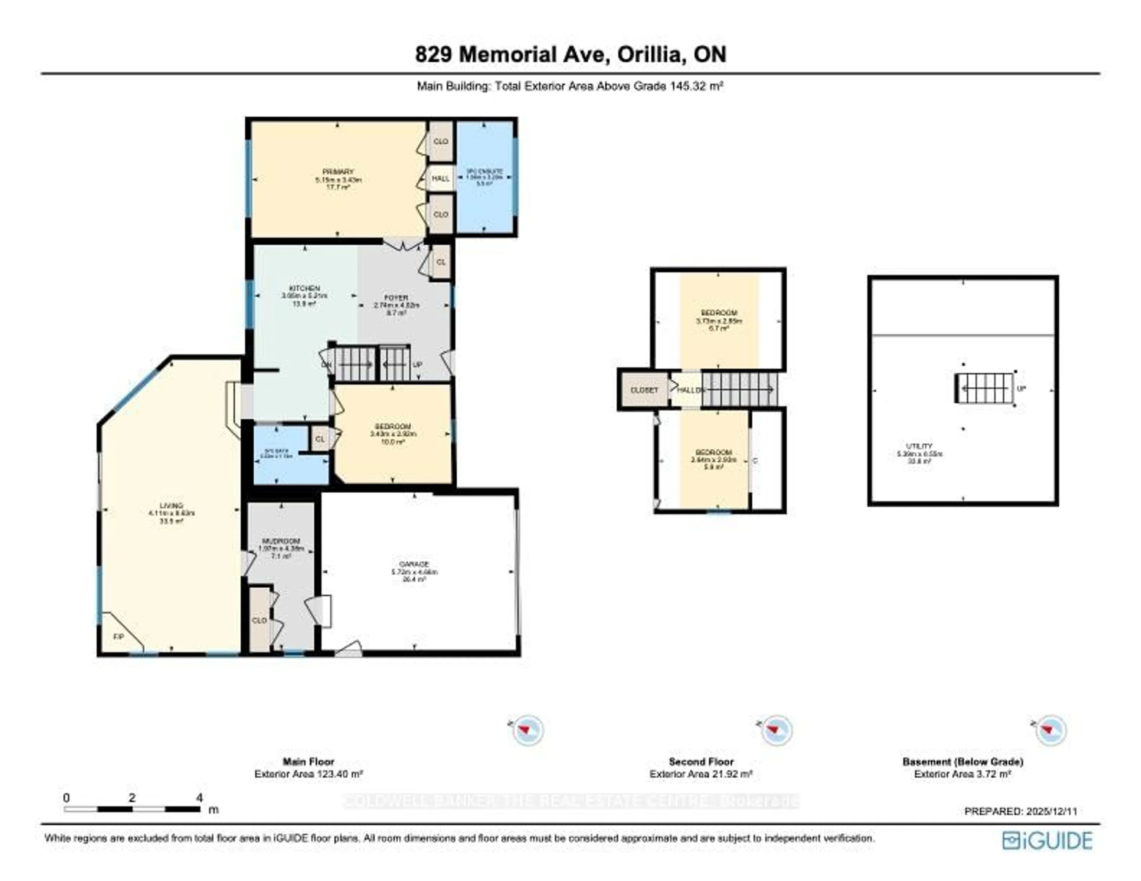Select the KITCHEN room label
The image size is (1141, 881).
[305, 288]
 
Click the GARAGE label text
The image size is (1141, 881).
[414, 564]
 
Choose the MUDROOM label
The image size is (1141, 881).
[281, 541]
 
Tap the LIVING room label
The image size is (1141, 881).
[171, 505]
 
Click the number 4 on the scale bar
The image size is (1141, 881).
[199, 798]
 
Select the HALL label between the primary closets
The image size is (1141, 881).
[440, 178]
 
